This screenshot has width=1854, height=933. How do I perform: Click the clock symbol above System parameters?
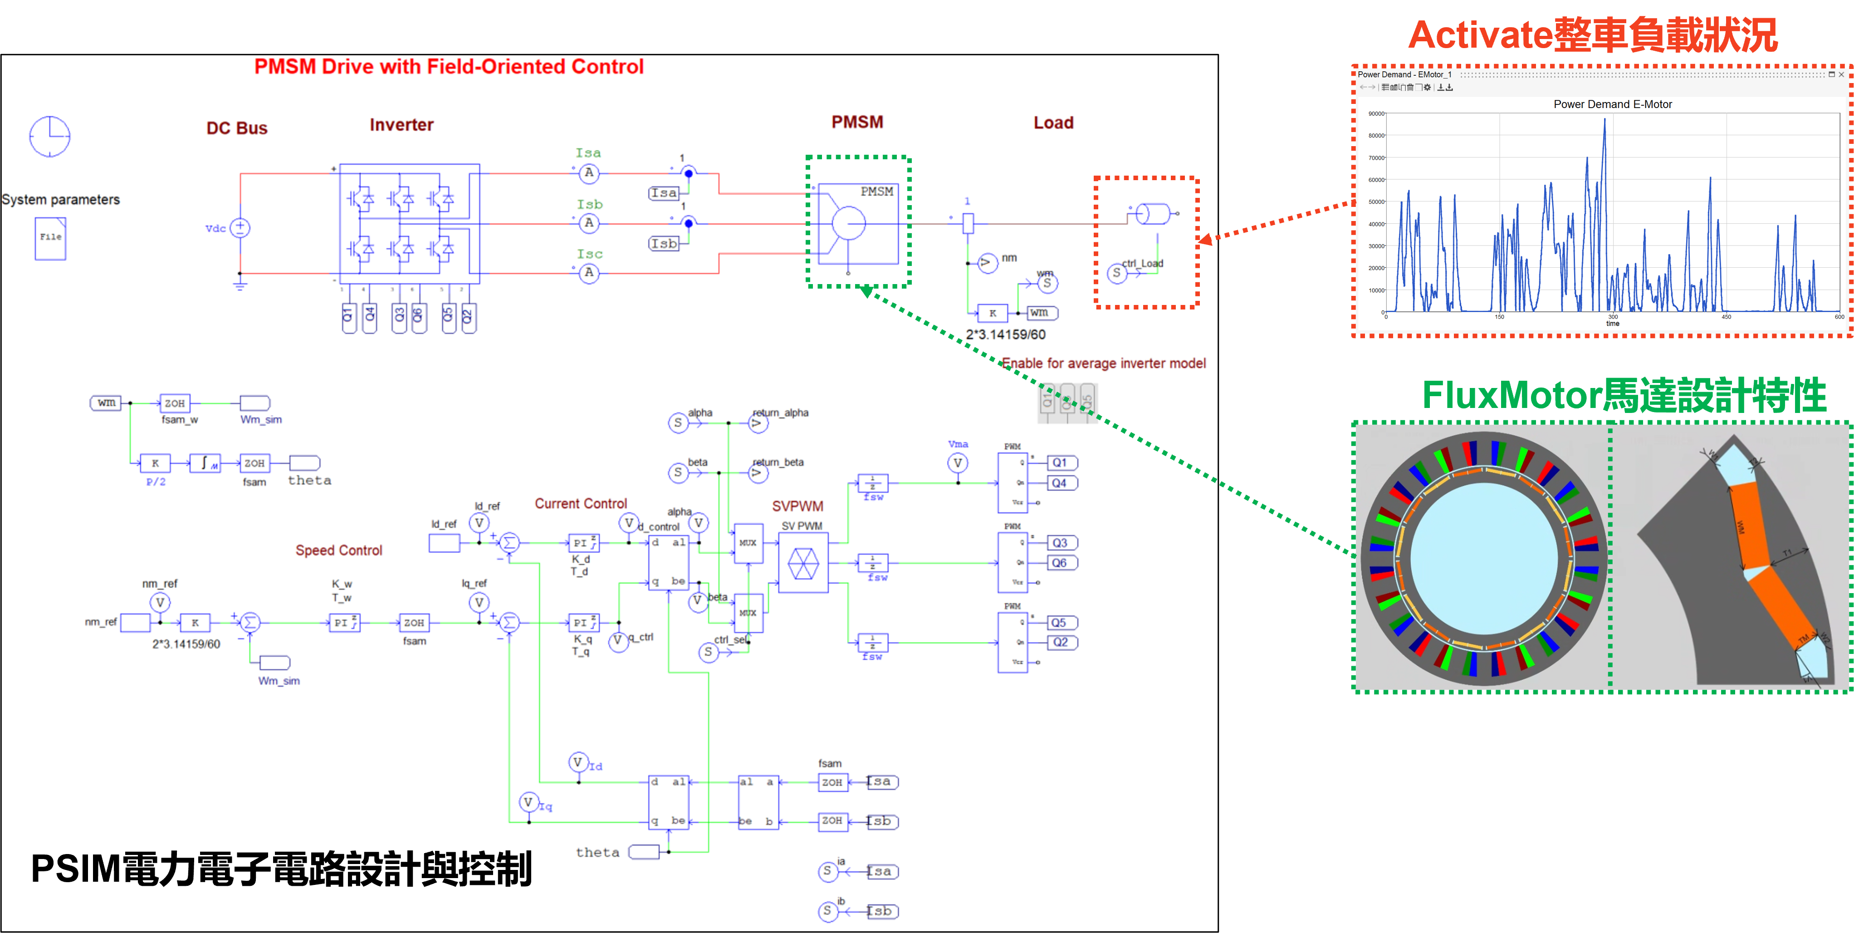[49, 136]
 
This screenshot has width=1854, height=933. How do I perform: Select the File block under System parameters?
[50, 238]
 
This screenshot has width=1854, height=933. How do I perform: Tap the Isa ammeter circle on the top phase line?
[589, 173]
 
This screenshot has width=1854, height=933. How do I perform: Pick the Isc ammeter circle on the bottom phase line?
[589, 273]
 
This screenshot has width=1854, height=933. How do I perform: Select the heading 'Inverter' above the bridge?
[401, 125]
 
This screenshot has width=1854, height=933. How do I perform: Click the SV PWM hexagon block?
[803, 563]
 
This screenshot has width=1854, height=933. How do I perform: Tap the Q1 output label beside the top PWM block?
[1061, 463]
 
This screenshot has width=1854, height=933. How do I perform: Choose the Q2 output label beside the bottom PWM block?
[1061, 642]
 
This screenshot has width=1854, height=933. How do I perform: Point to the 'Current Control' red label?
[581, 504]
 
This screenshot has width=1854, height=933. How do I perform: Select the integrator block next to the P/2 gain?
[205, 463]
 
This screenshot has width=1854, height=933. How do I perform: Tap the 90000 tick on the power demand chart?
[1375, 114]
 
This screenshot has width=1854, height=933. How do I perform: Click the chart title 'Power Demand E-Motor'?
[1612, 104]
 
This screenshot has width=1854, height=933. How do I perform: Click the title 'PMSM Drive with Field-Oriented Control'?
[449, 67]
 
